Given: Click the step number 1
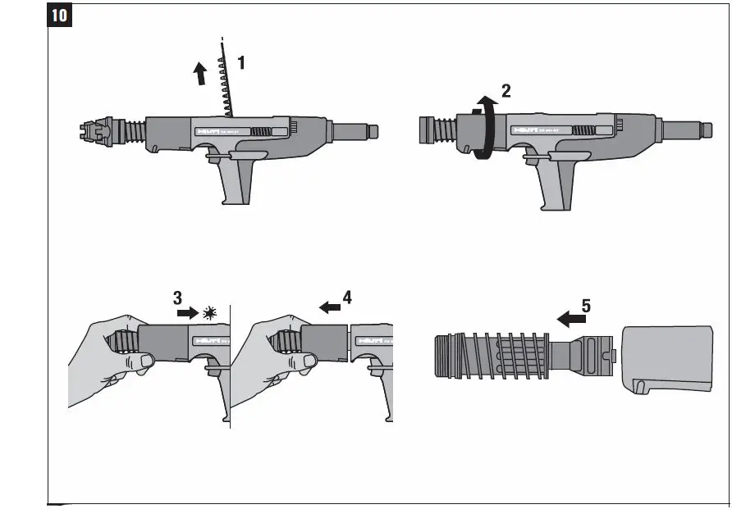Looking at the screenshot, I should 241,61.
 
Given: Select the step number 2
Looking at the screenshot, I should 506,92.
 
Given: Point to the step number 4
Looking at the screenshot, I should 348,298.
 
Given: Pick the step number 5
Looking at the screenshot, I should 585,306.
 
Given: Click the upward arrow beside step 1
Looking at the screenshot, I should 199,75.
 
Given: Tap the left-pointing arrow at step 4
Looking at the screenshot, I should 330,307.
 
